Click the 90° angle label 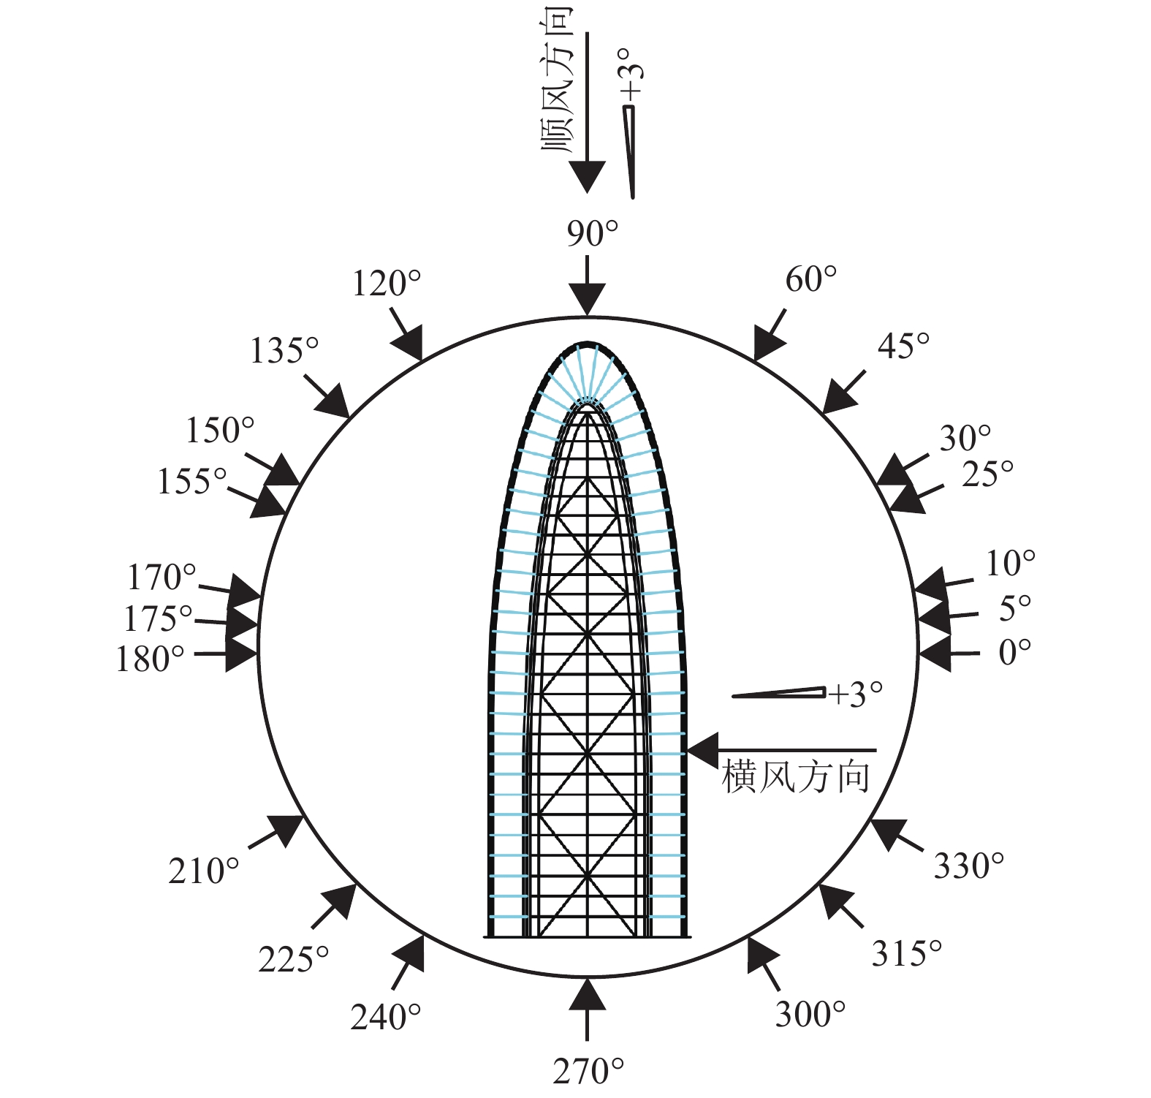592,234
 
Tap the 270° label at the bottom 588,1072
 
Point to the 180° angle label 150,659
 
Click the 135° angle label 284,351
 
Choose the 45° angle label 903,345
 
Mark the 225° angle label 293,959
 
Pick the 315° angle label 906,953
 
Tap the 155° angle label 192,482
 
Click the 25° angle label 987,474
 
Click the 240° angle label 385,1017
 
